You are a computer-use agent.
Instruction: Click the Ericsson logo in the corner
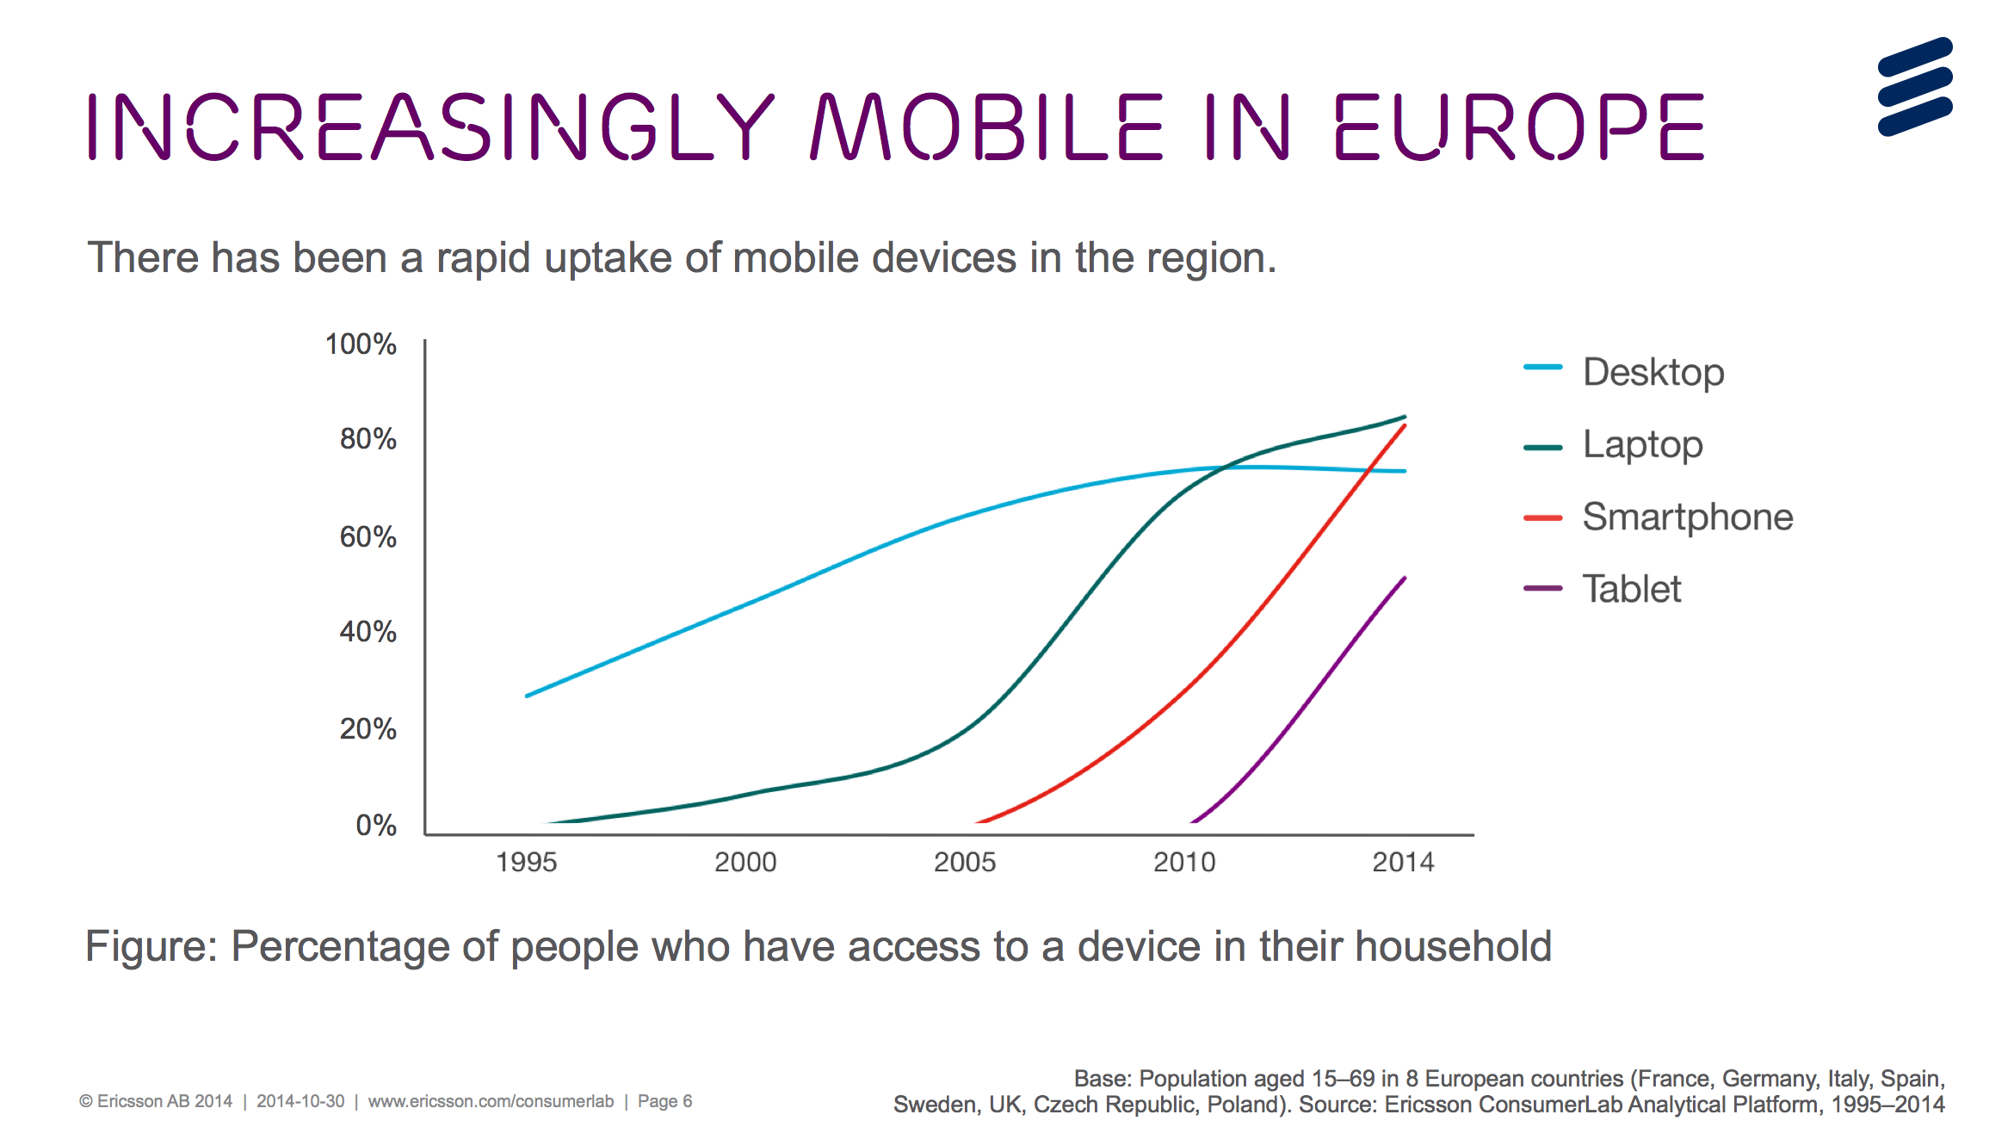click(x=1915, y=86)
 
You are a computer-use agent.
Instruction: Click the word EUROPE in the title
click(x=1519, y=127)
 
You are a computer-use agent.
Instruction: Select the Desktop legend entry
click(x=1624, y=372)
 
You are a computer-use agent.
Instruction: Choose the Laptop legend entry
click(x=1613, y=445)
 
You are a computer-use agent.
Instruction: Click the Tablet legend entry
click(x=1602, y=589)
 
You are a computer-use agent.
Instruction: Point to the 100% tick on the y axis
click(x=361, y=344)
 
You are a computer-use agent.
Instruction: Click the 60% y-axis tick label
click(x=368, y=537)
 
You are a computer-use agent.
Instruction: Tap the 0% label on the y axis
click(x=376, y=826)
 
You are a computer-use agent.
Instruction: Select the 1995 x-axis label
click(x=527, y=862)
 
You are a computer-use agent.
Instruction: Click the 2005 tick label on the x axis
click(x=965, y=862)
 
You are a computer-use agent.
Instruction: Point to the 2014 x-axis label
click(x=1404, y=862)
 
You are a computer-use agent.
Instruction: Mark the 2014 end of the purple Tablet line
click(x=1405, y=578)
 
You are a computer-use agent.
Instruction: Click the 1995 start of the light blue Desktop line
click(x=527, y=696)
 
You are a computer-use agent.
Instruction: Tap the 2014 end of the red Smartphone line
click(x=1405, y=425)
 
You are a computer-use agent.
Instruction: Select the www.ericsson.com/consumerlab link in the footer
click(x=491, y=1101)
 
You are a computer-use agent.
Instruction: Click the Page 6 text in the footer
click(x=664, y=1101)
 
